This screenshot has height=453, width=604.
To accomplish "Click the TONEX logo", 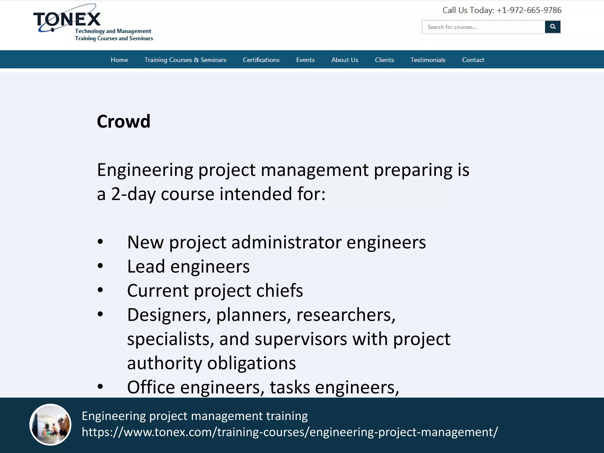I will click(67, 19).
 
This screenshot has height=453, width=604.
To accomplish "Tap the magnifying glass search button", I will click(552, 27).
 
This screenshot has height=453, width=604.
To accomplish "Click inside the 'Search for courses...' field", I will click(483, 27).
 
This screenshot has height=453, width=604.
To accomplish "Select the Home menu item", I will click(119, 60).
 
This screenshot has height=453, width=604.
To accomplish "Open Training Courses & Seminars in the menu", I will click(185, 60).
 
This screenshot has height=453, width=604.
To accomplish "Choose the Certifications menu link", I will click(261, 60).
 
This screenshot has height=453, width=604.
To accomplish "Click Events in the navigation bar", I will click(305, 60).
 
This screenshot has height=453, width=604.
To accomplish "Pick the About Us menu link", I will click(344, 60).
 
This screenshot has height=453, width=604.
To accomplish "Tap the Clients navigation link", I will click(384, 60).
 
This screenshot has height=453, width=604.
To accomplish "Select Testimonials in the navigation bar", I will click(428, 60).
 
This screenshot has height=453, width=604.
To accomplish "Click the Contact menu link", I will click(473, 60).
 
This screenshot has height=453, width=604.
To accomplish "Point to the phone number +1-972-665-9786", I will click(529, 10).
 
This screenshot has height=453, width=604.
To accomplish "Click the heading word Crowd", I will click(124, 121).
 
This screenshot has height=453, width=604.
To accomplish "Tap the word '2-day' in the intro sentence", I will click(133, 194).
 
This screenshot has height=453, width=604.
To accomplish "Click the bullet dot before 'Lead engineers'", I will click(100, 266).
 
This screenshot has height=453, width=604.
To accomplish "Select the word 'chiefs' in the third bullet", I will click(279, 290).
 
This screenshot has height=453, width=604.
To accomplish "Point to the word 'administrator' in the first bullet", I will click(286, 242).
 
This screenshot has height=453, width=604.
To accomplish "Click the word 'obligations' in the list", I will click(251, 363).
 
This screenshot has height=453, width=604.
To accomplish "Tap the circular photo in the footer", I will click(50, 424).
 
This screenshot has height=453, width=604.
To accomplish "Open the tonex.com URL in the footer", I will click(290, 432).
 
